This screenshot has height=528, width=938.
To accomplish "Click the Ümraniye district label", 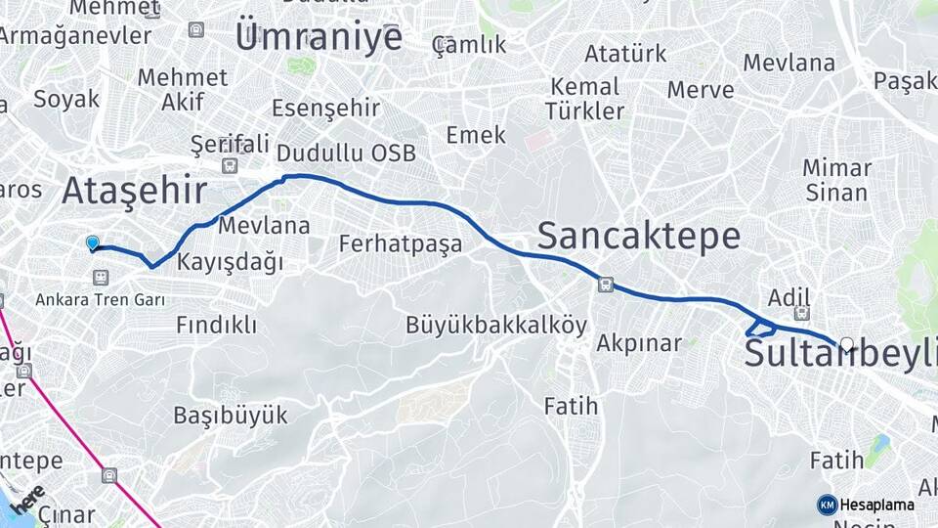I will coord(319,37).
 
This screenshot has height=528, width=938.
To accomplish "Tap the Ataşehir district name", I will coord(134,191).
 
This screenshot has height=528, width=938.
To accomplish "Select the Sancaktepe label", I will coord(638,236).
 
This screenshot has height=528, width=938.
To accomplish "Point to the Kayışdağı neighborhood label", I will coord(230,262).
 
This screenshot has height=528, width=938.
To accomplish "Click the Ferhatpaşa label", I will coord(400,244).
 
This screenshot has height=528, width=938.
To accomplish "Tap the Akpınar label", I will coord(638,343).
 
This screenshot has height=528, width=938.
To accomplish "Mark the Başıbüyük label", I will coord(231,415).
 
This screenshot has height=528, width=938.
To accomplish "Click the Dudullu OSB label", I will coord(346,154).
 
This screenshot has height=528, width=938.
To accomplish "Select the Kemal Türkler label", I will coord(585,98).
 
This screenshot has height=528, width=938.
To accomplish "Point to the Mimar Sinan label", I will coord(836,179).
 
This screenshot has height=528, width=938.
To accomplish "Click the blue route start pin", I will coord(93,242).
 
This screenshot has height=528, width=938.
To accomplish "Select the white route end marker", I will coord(847,344).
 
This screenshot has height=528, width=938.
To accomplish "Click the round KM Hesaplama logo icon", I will coord(827,505).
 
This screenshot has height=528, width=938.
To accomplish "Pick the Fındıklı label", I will coord(216,325).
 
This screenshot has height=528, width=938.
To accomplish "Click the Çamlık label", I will coord(470,45).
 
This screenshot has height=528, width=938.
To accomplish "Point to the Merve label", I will coord(701,90).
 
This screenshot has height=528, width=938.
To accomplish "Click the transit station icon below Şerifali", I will coord(230,165).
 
